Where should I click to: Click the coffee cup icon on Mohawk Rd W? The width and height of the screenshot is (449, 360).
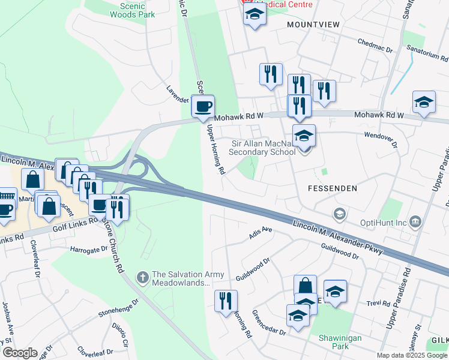click(x=203, y=106)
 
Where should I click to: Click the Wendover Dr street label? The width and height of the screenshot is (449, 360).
click(x=381, y=139)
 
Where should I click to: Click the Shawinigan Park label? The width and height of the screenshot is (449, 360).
click(x=340, y=342)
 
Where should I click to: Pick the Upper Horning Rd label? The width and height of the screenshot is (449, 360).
click(x=215, y=150)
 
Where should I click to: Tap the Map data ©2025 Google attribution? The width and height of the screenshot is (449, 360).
click(x=412, y=355)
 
